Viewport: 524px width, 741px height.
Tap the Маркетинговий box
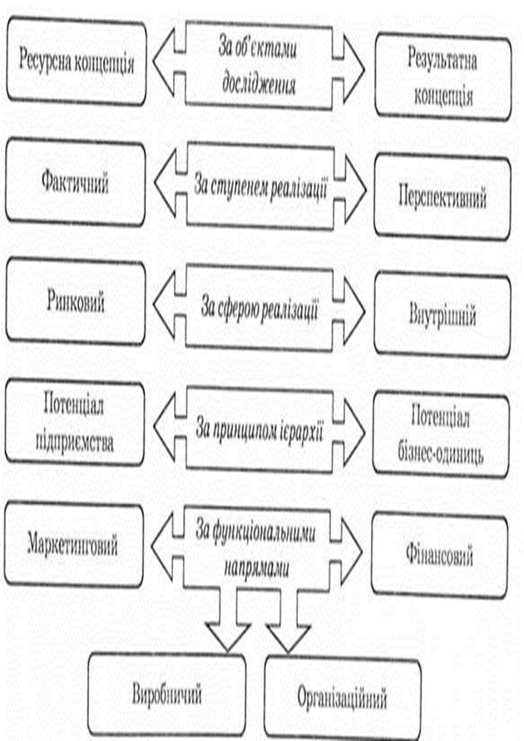(x=74, y=546)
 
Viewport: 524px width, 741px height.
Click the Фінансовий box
(x=440, y=556)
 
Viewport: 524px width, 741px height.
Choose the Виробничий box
(x=167, y=692)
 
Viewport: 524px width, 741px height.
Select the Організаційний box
(x=342, y=697)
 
